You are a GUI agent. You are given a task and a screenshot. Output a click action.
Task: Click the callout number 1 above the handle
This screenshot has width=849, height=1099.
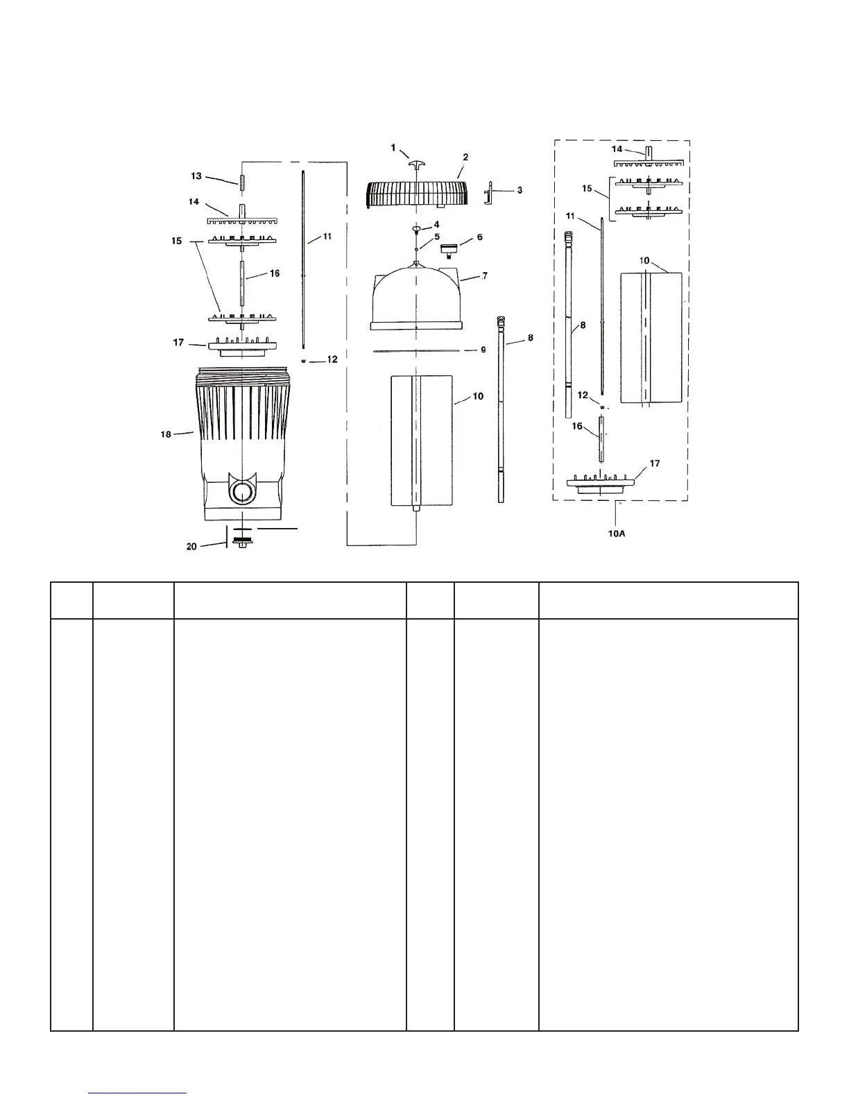tap(393, 148)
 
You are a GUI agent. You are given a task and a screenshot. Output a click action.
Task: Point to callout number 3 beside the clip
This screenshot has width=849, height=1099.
tap(520, 190)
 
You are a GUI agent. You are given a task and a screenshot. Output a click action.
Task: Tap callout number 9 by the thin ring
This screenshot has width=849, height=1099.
tap(483, 350)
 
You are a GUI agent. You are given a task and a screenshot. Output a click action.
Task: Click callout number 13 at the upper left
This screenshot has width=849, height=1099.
tap(196, 176)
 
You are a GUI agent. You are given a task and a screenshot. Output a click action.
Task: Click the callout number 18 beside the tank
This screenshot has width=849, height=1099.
tap(166, 434)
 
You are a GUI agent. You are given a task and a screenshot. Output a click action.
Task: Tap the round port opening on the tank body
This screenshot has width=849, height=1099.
tap(243, 493)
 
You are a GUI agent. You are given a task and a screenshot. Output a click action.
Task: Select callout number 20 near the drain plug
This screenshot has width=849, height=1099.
tap(191, 546)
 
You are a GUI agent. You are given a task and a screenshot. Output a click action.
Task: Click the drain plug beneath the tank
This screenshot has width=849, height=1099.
tap(242, 542)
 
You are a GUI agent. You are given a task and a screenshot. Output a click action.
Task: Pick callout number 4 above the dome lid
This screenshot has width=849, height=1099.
tap(436, 225)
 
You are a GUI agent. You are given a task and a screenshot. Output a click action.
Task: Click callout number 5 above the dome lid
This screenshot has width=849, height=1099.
tap(436, 237)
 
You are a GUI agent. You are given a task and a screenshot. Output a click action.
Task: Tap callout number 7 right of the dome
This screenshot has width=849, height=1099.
tap(484, 276)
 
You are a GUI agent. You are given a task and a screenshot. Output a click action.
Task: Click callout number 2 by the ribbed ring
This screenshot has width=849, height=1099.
tap(465, 157)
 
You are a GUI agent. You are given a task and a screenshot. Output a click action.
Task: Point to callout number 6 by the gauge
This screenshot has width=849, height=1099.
tap(479, 237)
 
